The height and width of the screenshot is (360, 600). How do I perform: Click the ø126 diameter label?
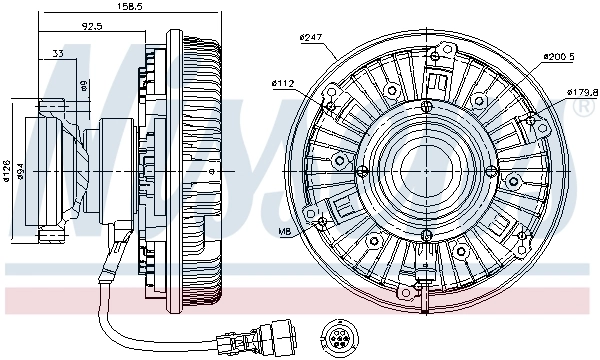pyautogui.click(x=6, y=171)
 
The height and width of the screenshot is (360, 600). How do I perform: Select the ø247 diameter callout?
pyautogui.click(x=311, y=38)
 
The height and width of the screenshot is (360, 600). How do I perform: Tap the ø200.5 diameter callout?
pyautogui.click(x=559, y=57)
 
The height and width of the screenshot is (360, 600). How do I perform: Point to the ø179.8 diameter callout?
pyautogui.click(x=581, y=92)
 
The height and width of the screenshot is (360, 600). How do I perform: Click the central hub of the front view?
pyautogui.click(x=425, y=162)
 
